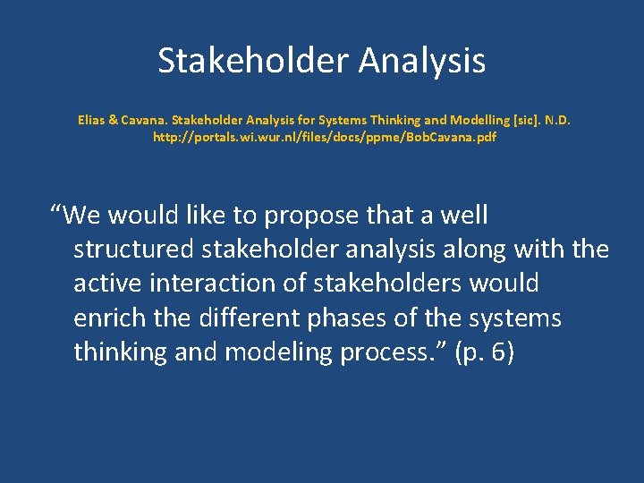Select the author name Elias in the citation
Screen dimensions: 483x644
pos(91,118)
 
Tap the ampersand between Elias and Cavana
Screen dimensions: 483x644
pos(112,118)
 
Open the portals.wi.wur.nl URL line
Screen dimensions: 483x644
pos(325,138)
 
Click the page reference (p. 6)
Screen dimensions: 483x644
pos(484,352)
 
